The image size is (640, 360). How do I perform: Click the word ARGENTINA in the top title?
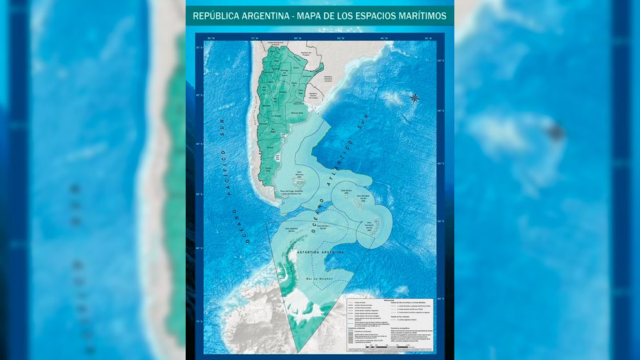261,15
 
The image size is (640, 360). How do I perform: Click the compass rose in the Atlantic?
414,98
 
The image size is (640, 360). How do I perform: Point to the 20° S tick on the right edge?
441,61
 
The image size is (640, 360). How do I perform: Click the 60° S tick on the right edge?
441,299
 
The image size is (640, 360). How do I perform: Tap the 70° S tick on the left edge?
199,321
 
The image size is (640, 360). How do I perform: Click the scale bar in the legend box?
400,347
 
